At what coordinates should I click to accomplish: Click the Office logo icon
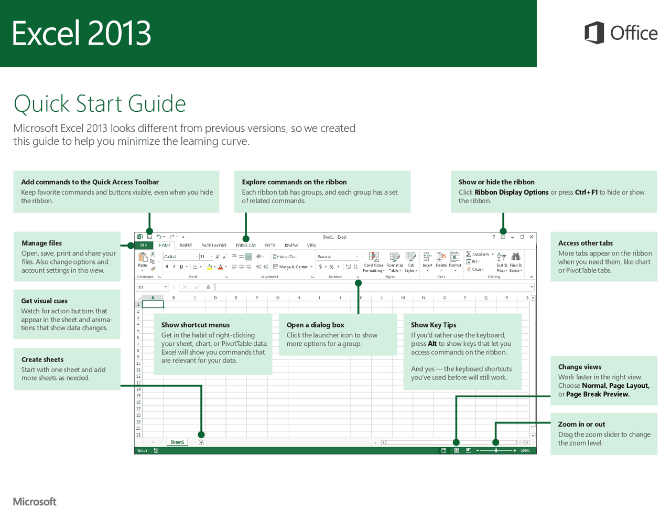[x=594, y=33]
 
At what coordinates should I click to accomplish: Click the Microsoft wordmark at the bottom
[x=35, y=502]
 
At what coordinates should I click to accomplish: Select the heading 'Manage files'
[x=41, y=243]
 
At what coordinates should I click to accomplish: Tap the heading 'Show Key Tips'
[x=433, y=325]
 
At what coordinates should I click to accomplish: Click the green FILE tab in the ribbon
[x=144, y=245]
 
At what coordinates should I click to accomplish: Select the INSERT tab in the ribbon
[x=186, y=245]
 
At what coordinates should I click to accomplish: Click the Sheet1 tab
[x=177, y=442]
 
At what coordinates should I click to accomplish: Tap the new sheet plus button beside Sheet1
[x=201, y=442]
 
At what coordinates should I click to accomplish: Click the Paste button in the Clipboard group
[x=142, y=259]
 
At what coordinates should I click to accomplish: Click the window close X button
[x=532, y=237]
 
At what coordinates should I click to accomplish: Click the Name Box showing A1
[x=150, y=287]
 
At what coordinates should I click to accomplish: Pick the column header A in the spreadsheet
[x=153, y=298]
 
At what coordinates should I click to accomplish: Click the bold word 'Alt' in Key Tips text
[x=432, y=344]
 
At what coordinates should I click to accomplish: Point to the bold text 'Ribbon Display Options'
[x=511, y=192]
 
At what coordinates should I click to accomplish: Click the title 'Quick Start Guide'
[x=100, y=103]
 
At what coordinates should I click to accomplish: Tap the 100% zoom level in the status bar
[x=525, y=450]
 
